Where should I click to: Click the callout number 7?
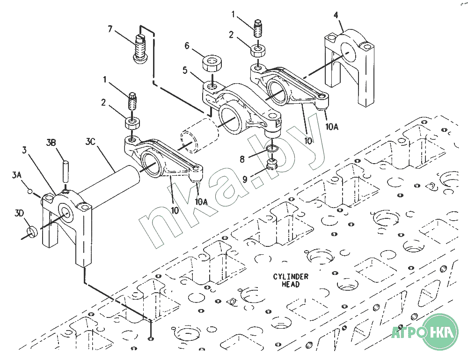point(110,29)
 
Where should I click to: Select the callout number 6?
point(187,46)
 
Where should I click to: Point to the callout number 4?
point(336,15)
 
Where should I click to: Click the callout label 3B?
point(51,142)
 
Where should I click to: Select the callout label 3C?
point(90,141)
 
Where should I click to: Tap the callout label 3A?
point(17,175)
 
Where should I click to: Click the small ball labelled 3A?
point(30,191)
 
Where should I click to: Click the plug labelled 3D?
point(31,231)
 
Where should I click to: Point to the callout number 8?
point(242,159)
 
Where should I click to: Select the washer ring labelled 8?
point(272,149)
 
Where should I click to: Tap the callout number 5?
point(185,71)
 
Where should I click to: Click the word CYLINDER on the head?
point(291,277)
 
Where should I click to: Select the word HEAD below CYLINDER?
point(291,284)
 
